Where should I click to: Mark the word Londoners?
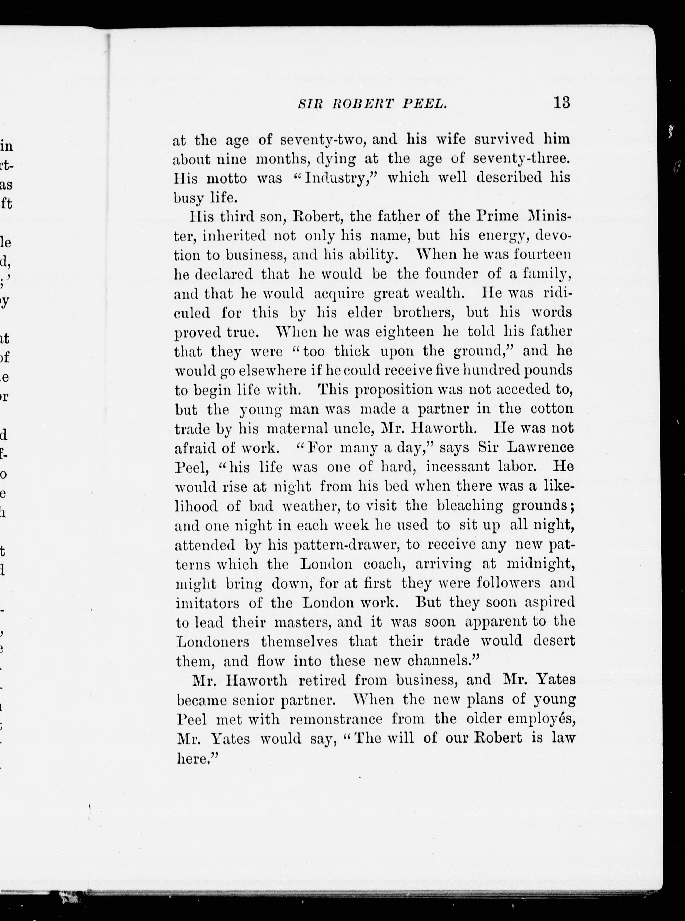[x=213, y=641]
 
